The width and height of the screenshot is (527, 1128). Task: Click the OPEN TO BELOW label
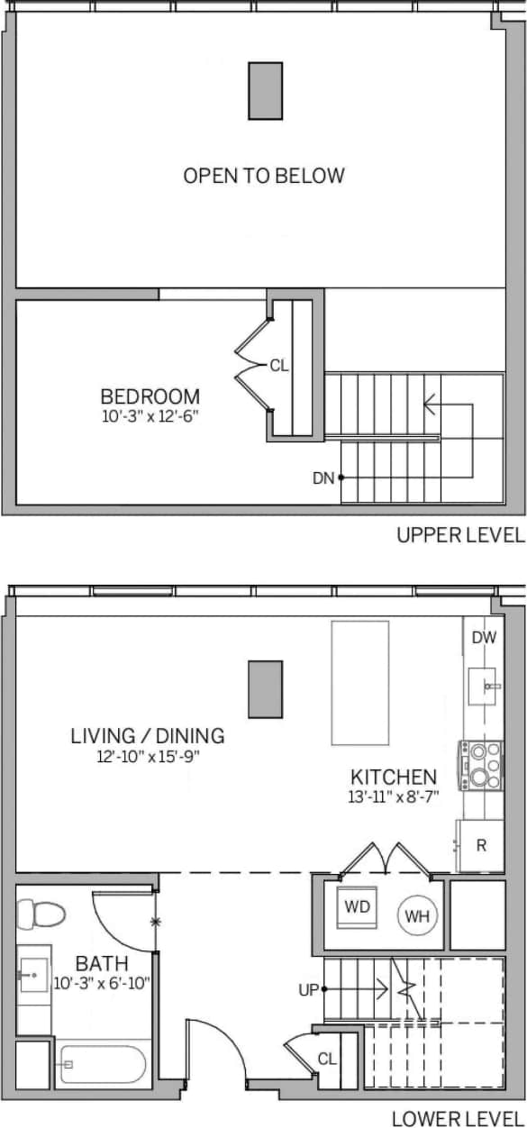(264, 176)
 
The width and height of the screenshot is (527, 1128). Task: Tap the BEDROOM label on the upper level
(150, 396)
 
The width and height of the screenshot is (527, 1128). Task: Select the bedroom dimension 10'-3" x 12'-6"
(150, 415)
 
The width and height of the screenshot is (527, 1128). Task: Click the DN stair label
(323, 478)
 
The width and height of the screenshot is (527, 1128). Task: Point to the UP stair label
(309, 989)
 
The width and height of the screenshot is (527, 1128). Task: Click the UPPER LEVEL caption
(460, 536)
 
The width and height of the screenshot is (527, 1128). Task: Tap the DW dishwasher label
(484, 638)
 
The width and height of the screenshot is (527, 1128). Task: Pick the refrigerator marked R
(481, 846)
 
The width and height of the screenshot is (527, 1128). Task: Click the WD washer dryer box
(358, 907)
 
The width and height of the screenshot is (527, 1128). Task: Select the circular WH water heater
(416, 916)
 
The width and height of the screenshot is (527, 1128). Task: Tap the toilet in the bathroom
(42, 915)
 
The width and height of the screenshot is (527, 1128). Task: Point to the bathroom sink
(32, 975)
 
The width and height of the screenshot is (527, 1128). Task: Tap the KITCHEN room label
(394, 777)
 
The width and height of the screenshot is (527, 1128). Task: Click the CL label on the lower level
(325, 1059)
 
